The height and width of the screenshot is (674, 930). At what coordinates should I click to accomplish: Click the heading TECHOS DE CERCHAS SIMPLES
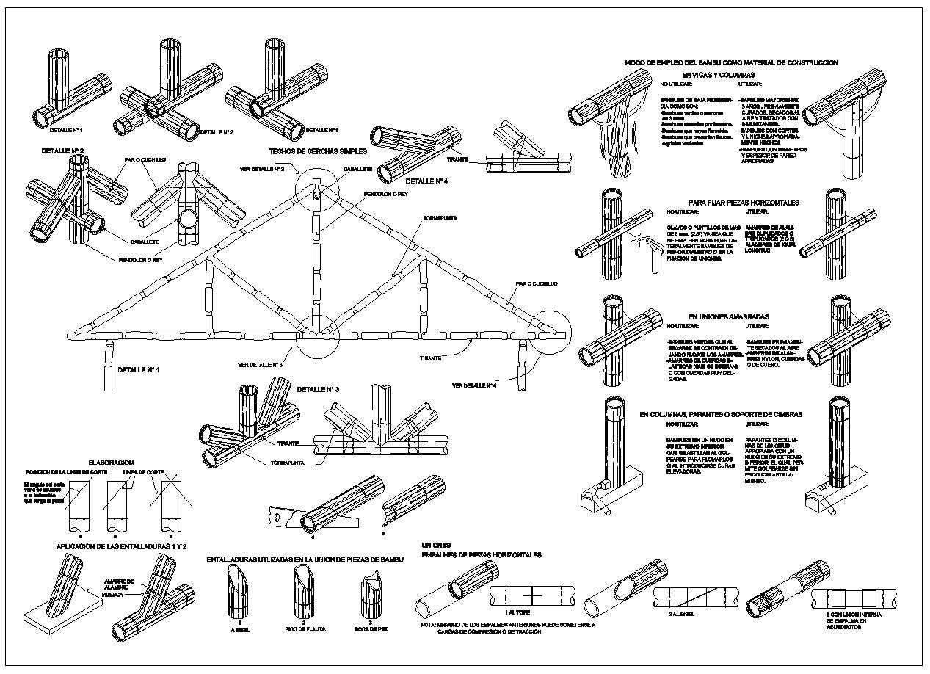317,151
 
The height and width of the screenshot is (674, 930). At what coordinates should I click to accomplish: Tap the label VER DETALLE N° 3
261,364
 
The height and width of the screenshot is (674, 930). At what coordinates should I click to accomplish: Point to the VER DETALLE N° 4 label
473,385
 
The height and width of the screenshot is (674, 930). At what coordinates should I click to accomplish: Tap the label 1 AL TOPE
519,611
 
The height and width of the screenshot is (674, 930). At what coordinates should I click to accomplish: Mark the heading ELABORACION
110,463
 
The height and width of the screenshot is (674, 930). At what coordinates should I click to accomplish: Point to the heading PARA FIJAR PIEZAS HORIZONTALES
744,203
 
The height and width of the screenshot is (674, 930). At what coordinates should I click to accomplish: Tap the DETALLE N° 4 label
426,180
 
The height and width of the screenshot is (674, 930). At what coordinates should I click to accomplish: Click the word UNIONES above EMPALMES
437,545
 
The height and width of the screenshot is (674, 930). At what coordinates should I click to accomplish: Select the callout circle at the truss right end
548,333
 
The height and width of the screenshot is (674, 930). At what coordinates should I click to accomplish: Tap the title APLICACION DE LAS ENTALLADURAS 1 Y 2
122,547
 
